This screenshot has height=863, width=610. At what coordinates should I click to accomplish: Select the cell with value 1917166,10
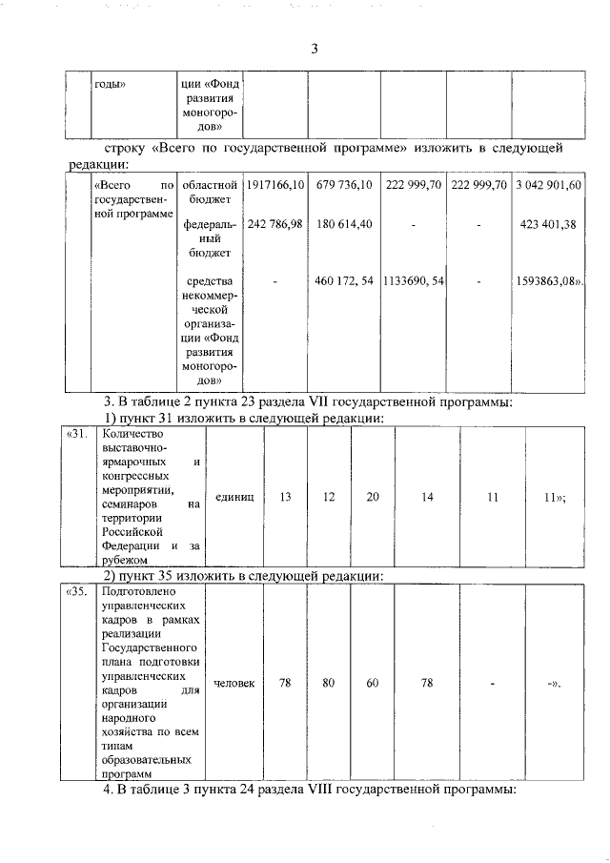coord(274,184)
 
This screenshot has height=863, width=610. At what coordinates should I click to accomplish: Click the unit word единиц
coord(234,497)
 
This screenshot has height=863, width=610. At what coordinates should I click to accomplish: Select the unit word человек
coord(234,682)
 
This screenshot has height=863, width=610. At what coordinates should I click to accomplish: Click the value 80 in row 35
coord(329,682)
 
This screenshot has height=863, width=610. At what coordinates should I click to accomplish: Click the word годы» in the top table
coord(112,83)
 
